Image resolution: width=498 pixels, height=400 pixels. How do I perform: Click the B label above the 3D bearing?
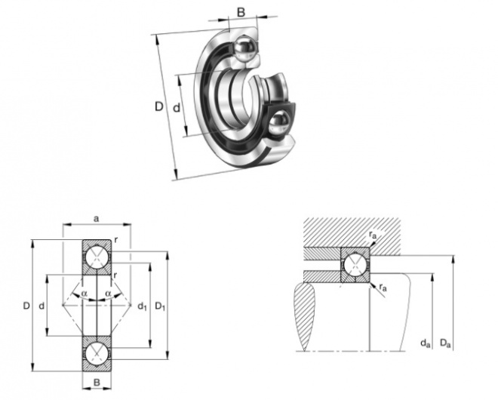coord(241,12)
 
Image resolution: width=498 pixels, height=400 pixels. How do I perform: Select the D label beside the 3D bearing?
coord(158,106)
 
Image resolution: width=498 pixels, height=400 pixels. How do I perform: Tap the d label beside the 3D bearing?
coord(177,108)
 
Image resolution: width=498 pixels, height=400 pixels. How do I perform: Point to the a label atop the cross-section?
coord(97,219)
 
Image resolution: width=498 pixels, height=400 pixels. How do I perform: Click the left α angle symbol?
coord(84,294)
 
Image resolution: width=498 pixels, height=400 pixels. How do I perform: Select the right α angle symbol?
coord(109,294)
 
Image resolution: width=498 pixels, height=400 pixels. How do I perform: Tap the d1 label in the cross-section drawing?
coord(142,306)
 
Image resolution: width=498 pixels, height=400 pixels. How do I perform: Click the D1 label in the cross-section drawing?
coord(160,306)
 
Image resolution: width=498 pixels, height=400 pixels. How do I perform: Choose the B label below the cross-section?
coord(97,382)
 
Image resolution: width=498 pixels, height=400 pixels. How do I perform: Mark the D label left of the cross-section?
coord(26,306)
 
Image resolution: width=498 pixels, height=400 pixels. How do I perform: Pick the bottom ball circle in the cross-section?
coord(97,354)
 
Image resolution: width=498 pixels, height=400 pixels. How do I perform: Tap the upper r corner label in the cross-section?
coord(116,241)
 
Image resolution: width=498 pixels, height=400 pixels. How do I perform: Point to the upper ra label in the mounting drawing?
coord(373,235)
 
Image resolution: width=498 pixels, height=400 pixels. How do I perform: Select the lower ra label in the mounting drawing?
coord(383,288)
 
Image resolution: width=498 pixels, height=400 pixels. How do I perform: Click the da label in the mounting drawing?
coord(426,343)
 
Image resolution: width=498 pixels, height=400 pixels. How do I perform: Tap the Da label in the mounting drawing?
coord(445,343)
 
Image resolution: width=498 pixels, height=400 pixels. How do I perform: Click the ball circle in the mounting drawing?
coord(355,265)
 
